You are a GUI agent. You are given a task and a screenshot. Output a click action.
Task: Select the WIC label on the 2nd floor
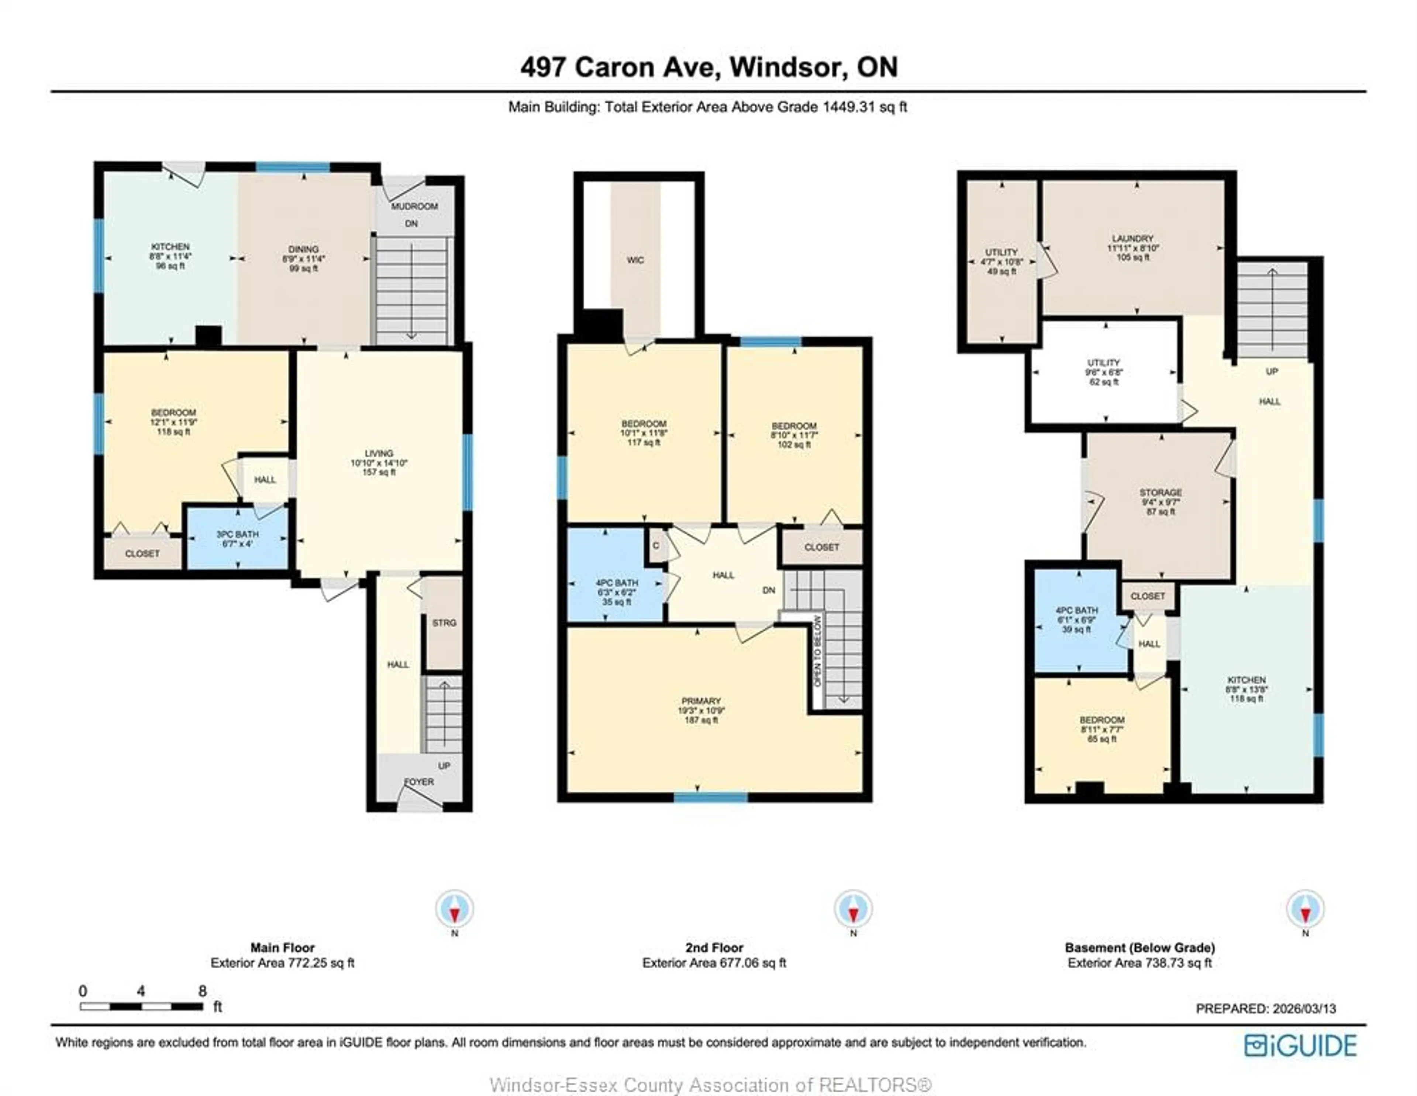[635, 260]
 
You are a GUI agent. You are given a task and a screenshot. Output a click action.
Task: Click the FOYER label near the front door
[419, 782]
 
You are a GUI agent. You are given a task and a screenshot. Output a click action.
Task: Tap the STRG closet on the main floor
[444, 623]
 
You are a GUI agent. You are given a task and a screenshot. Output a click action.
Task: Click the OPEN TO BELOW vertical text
[817, 651]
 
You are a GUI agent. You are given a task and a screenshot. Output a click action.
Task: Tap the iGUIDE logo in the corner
[1300, 1045]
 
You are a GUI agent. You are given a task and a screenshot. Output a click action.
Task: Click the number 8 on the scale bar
[203, 991]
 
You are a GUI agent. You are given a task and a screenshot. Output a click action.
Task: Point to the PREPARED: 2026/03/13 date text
[1265, 1009]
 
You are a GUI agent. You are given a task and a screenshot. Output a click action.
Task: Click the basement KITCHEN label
[1246, 680]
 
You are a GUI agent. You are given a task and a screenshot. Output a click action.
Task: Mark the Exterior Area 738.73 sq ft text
[1139, 964]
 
